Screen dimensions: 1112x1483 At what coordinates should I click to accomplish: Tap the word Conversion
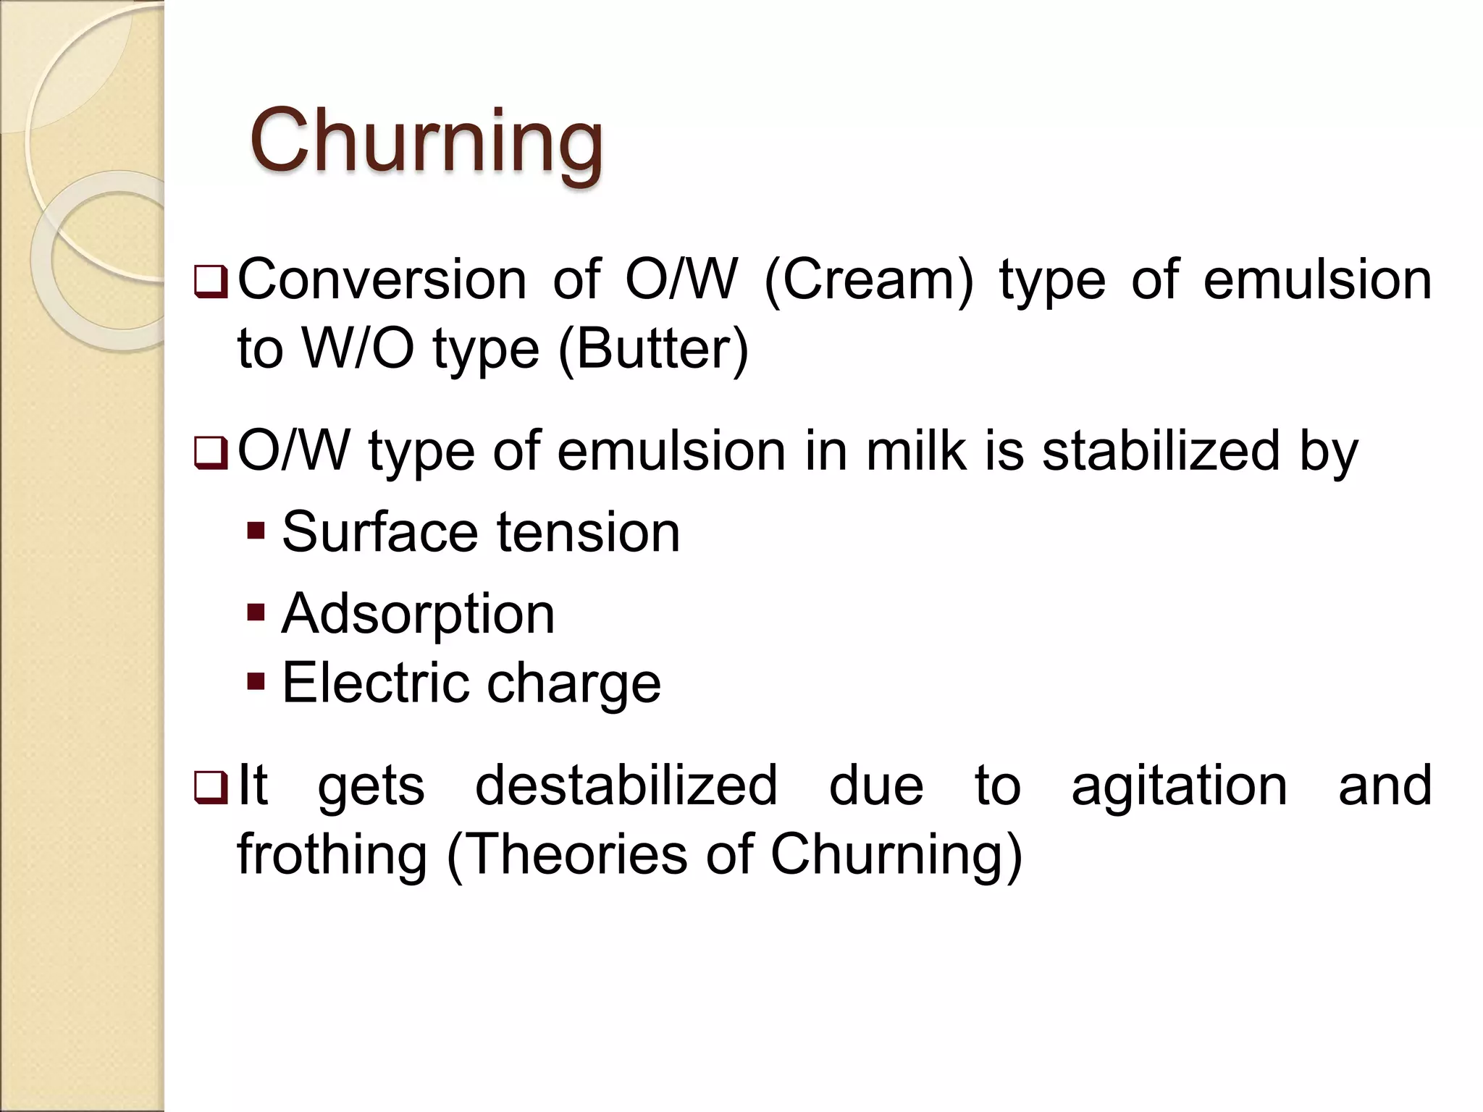click(x=382, y=280)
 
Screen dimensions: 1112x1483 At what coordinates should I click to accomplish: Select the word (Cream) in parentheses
click(x=869, y=282)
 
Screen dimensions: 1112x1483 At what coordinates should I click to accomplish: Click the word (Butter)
click(x=653, y=350)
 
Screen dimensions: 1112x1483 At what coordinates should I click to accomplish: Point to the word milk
click(x=916, y=451)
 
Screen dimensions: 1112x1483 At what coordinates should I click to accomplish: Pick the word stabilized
click(x=1161, y=451)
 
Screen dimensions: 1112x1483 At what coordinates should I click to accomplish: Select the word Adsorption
click(x=418, y=615)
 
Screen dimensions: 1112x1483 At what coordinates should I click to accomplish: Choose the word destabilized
click(x=626, y=785)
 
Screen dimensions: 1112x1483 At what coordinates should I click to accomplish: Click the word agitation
click(x=1179, y=787)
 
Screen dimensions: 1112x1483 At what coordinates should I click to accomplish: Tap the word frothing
click(x=332, y=855)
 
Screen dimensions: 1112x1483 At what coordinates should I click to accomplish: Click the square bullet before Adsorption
click(x=256, y=613)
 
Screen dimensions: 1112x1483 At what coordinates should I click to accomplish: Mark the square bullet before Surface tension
click(x=256, y=531)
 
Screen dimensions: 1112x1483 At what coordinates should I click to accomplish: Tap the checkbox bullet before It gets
click(x=211, y=788)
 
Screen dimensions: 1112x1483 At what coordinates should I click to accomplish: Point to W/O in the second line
click(x=358, y=350)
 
